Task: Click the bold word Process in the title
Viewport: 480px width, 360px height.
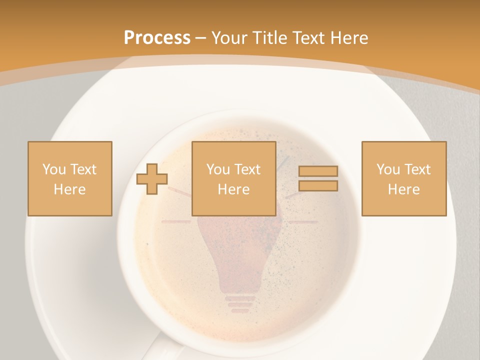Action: tap(157, 38)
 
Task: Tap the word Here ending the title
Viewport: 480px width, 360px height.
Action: tap(348, 38)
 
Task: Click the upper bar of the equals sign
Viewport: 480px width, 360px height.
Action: tap(318, 171)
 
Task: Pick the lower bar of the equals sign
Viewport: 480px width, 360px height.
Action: tap(318, 186)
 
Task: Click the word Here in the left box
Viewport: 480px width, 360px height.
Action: tap(69, 189)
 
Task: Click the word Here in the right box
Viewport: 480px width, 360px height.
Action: tap(403, 189)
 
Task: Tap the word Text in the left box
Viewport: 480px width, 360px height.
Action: tap(83, 169)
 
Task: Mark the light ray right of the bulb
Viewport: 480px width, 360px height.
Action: tap(303, 222)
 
